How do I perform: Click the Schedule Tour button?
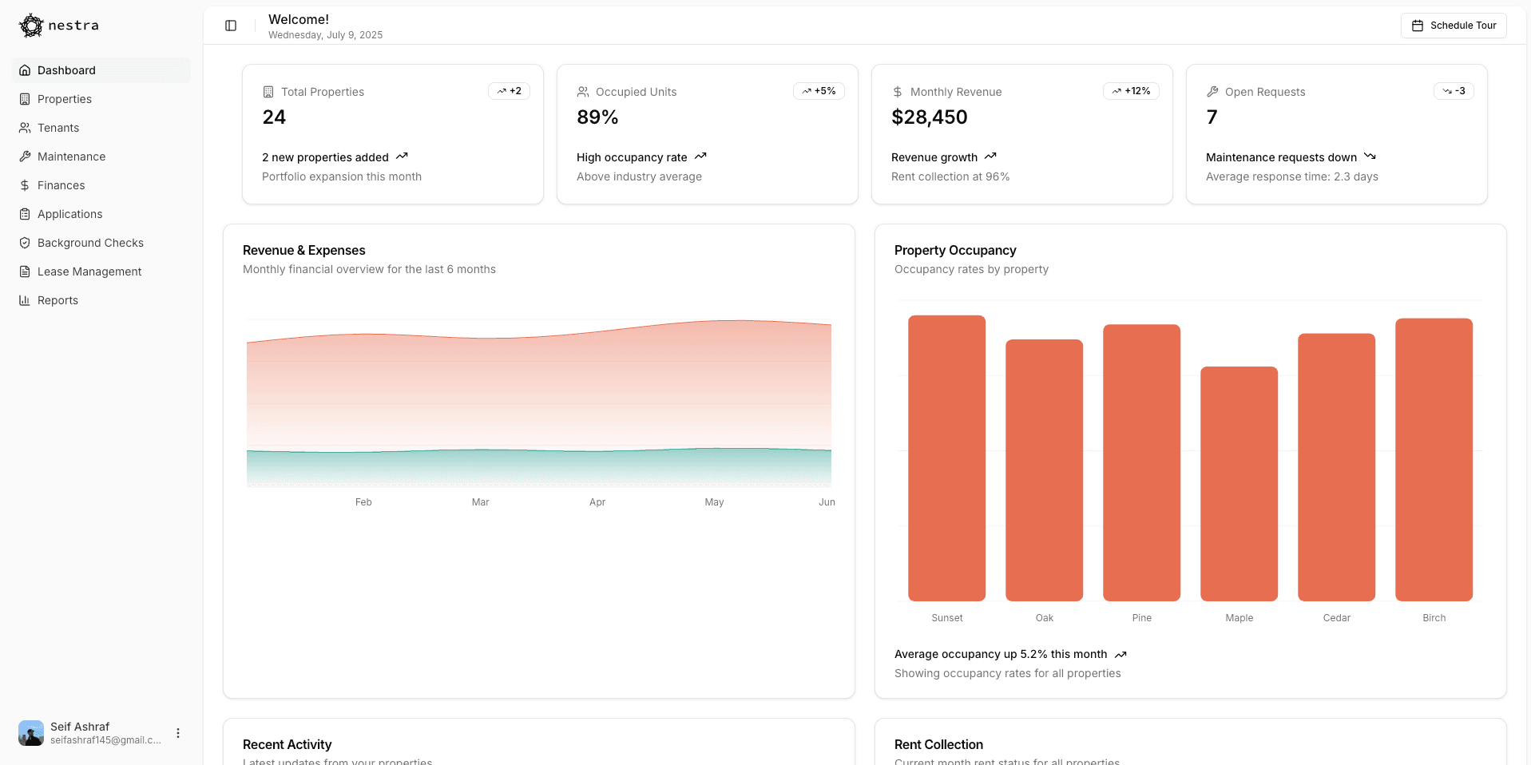pos(1454,26)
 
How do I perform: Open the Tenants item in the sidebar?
pos(58,128)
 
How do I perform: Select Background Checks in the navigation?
pos(90,243)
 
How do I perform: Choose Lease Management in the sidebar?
pos(89,272)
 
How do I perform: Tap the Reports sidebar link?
pos(58,300)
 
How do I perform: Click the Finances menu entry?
pos(61,185)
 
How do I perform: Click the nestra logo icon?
pos(31,26)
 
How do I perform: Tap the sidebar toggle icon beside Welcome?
pos(231,26)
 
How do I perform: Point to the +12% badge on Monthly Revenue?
pos(1131,91)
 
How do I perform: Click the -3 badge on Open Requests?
pos(1454,91)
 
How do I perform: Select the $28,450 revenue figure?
pos(929,117)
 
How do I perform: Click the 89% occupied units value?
pos(597,117)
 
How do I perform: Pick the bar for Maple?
pos(1239,483)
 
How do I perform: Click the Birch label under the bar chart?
pos(1434,618)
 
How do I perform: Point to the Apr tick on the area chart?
pos(597,502)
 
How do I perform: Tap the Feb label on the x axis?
pos(363,502)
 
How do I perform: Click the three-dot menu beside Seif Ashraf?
pos(178,733)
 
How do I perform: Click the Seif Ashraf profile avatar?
pos(31,733)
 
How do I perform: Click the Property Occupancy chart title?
pos(955,251)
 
